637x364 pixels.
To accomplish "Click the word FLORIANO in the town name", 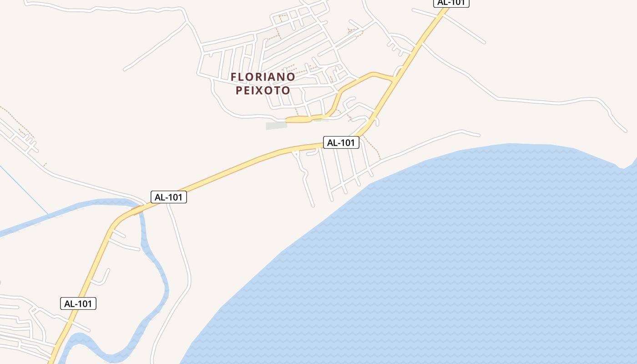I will pyautogui.click(x=263, y=77).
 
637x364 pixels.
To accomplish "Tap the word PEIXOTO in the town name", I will pyautogui.click(x=263, y=90).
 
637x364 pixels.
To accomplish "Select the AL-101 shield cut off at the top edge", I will pyautogui.click(x=450, y=3).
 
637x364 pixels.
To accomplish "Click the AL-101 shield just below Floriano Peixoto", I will pyautogui.click(x=341, y=142).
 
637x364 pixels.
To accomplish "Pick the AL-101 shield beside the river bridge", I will pyautogui.click(x=169, y=197).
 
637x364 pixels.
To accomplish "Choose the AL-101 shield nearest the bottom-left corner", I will pyautogui.click(x=78, y=303).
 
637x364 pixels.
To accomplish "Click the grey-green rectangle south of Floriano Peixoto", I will pyautogui.click(x=277, y=125).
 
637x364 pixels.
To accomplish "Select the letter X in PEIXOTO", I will pyautogui.click(x=263, y=90).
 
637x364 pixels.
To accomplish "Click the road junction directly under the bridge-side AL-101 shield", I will pyautogui.click(x=168, y=205).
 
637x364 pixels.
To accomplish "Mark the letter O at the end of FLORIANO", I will pyautogui.click(x=292, y=77).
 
